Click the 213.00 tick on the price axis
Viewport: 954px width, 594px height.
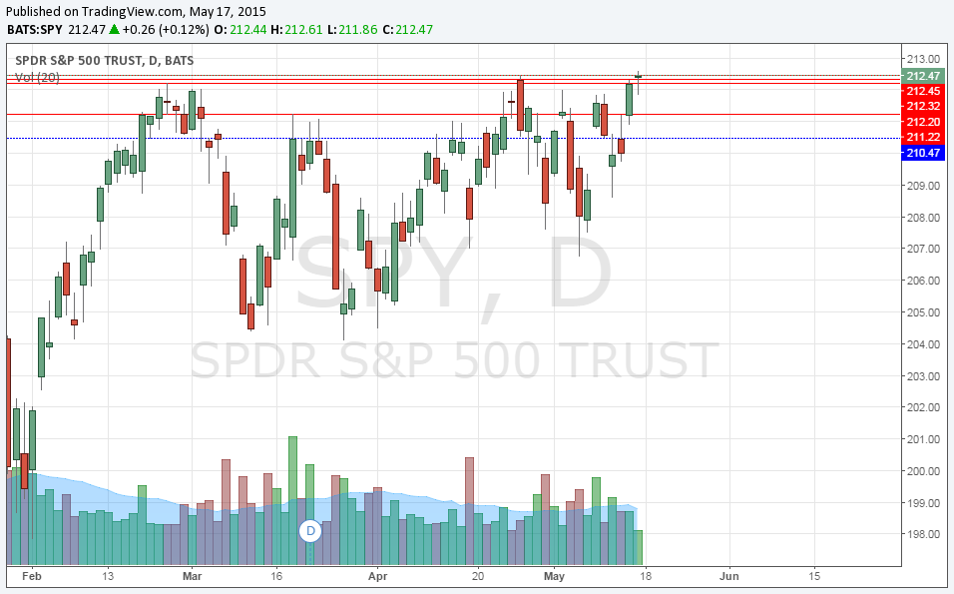[923, 59]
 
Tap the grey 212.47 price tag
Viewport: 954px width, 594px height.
[923, 76]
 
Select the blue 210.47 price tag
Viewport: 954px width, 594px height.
[923, 153]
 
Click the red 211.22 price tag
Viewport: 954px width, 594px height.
[923, 137]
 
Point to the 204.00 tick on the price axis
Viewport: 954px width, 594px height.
[923, 344]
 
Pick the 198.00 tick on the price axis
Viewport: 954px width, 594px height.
[923, 534]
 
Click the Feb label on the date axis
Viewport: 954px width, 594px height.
[32, 576]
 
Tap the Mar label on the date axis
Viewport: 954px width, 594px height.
[193, 576]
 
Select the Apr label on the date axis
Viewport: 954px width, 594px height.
[377, 576]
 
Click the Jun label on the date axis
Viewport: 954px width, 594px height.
[729, 576]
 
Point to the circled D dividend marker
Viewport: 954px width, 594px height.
[310, 531]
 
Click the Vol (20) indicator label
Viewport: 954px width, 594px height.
[37, 77]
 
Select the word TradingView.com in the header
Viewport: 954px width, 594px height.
[133, 10]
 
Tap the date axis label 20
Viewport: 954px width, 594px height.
[478, 576]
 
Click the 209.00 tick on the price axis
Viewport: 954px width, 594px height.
[923, 186]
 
